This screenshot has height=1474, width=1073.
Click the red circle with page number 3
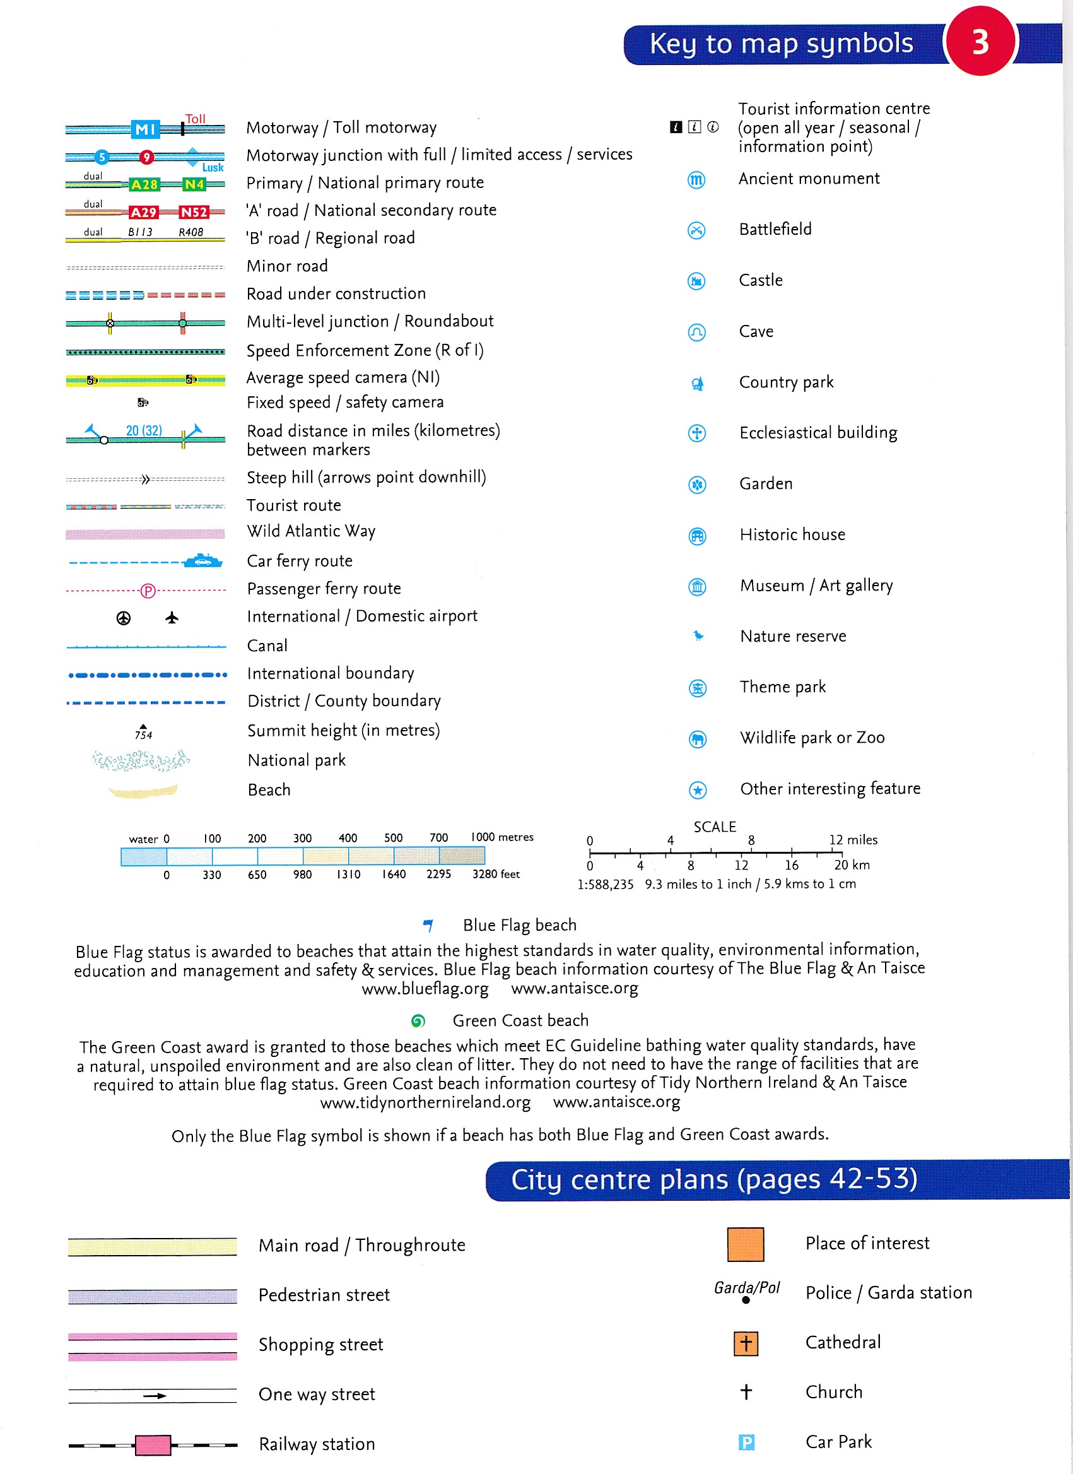980,42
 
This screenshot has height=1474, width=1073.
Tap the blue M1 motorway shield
145,129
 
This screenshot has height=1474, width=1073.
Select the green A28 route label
144,185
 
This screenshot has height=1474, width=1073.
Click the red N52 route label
194,213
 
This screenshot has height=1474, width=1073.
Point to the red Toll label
195,119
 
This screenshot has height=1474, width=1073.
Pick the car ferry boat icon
202,561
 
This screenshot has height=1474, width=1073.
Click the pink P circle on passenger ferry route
148,591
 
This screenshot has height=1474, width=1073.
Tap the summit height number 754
143,735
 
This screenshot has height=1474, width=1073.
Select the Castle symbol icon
696,281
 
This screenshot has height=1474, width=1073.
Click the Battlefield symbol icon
696,230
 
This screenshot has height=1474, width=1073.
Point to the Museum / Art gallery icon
696,587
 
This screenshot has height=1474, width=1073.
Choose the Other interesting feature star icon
697,790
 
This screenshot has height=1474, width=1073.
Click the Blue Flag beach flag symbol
428,925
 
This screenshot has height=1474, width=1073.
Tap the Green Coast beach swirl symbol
418,1021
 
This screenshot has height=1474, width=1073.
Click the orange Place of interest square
746,1244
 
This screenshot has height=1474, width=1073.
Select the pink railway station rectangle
153,1445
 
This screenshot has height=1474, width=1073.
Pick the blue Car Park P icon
746,1443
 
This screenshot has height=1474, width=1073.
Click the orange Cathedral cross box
746,1343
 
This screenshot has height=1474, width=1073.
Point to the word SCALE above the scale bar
714,827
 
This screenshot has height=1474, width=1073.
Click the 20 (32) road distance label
144,431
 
